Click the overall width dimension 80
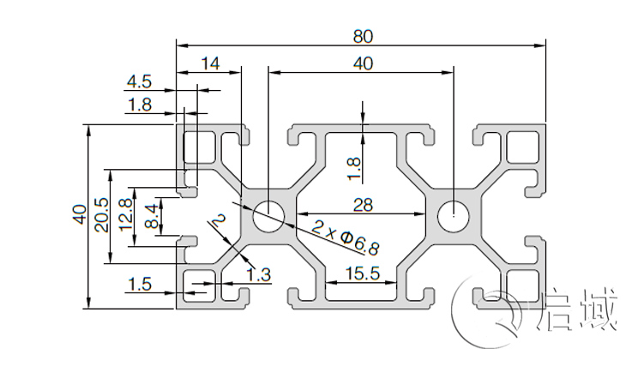362,35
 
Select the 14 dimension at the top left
209,63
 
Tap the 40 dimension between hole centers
363,63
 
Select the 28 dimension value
363,203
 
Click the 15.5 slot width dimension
362,274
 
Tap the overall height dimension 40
78,214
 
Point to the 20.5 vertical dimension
101,214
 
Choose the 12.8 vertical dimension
125,214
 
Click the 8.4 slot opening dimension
152,214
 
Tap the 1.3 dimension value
258,274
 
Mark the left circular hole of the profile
268,214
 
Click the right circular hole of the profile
452,214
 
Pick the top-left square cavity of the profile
202,147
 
